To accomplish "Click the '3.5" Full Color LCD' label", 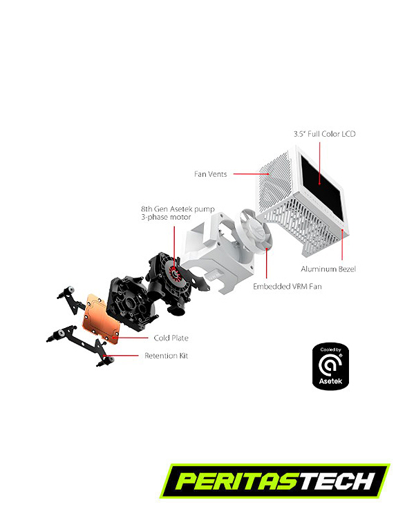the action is (324, 134).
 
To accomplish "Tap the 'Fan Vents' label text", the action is (211, 174).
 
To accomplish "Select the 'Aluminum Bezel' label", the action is (328, 269).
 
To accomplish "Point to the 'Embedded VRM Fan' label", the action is (288, 287).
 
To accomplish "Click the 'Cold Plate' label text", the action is (171, 338).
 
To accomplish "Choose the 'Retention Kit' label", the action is (167, 356).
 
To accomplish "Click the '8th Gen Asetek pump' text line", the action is (178, 209).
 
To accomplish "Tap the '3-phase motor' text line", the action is (166, 217).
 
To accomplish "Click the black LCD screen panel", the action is (321, 185).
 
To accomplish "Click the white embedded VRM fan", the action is (256, 234).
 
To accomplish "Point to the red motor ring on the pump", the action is (175, 273).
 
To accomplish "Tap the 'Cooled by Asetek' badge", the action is (330, 366).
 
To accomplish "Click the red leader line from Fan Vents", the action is (252, 174).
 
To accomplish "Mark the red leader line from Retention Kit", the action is (121, 356).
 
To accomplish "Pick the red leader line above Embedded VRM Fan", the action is (266, 263).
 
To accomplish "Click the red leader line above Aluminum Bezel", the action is (342, 244).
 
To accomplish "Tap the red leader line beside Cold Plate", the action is (131, 338).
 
